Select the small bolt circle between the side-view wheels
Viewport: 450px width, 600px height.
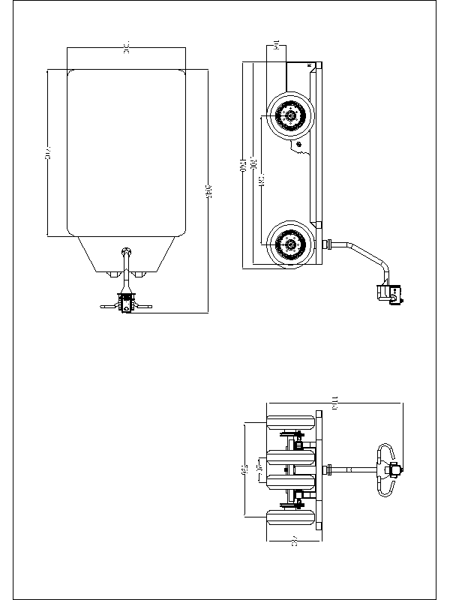pyautogui.click(x=299, y=143)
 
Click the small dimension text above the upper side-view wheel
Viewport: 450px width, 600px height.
pyautogui.click(x=277, y=46)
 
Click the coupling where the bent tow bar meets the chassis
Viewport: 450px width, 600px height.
pyautogui.click(x=327, y=244)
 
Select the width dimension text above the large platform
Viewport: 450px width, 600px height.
pyautogui.click(x=127, y=49)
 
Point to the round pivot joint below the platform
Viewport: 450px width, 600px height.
pyautogui.click(x=127, y=251)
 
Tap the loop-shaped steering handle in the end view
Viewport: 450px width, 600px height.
pyautogui.click(x=386, y=470)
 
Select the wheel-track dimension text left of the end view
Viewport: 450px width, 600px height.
pyautogui.click(x=245, y=470)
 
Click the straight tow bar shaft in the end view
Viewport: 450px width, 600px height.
pyautogui.click(x=352, y=470)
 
